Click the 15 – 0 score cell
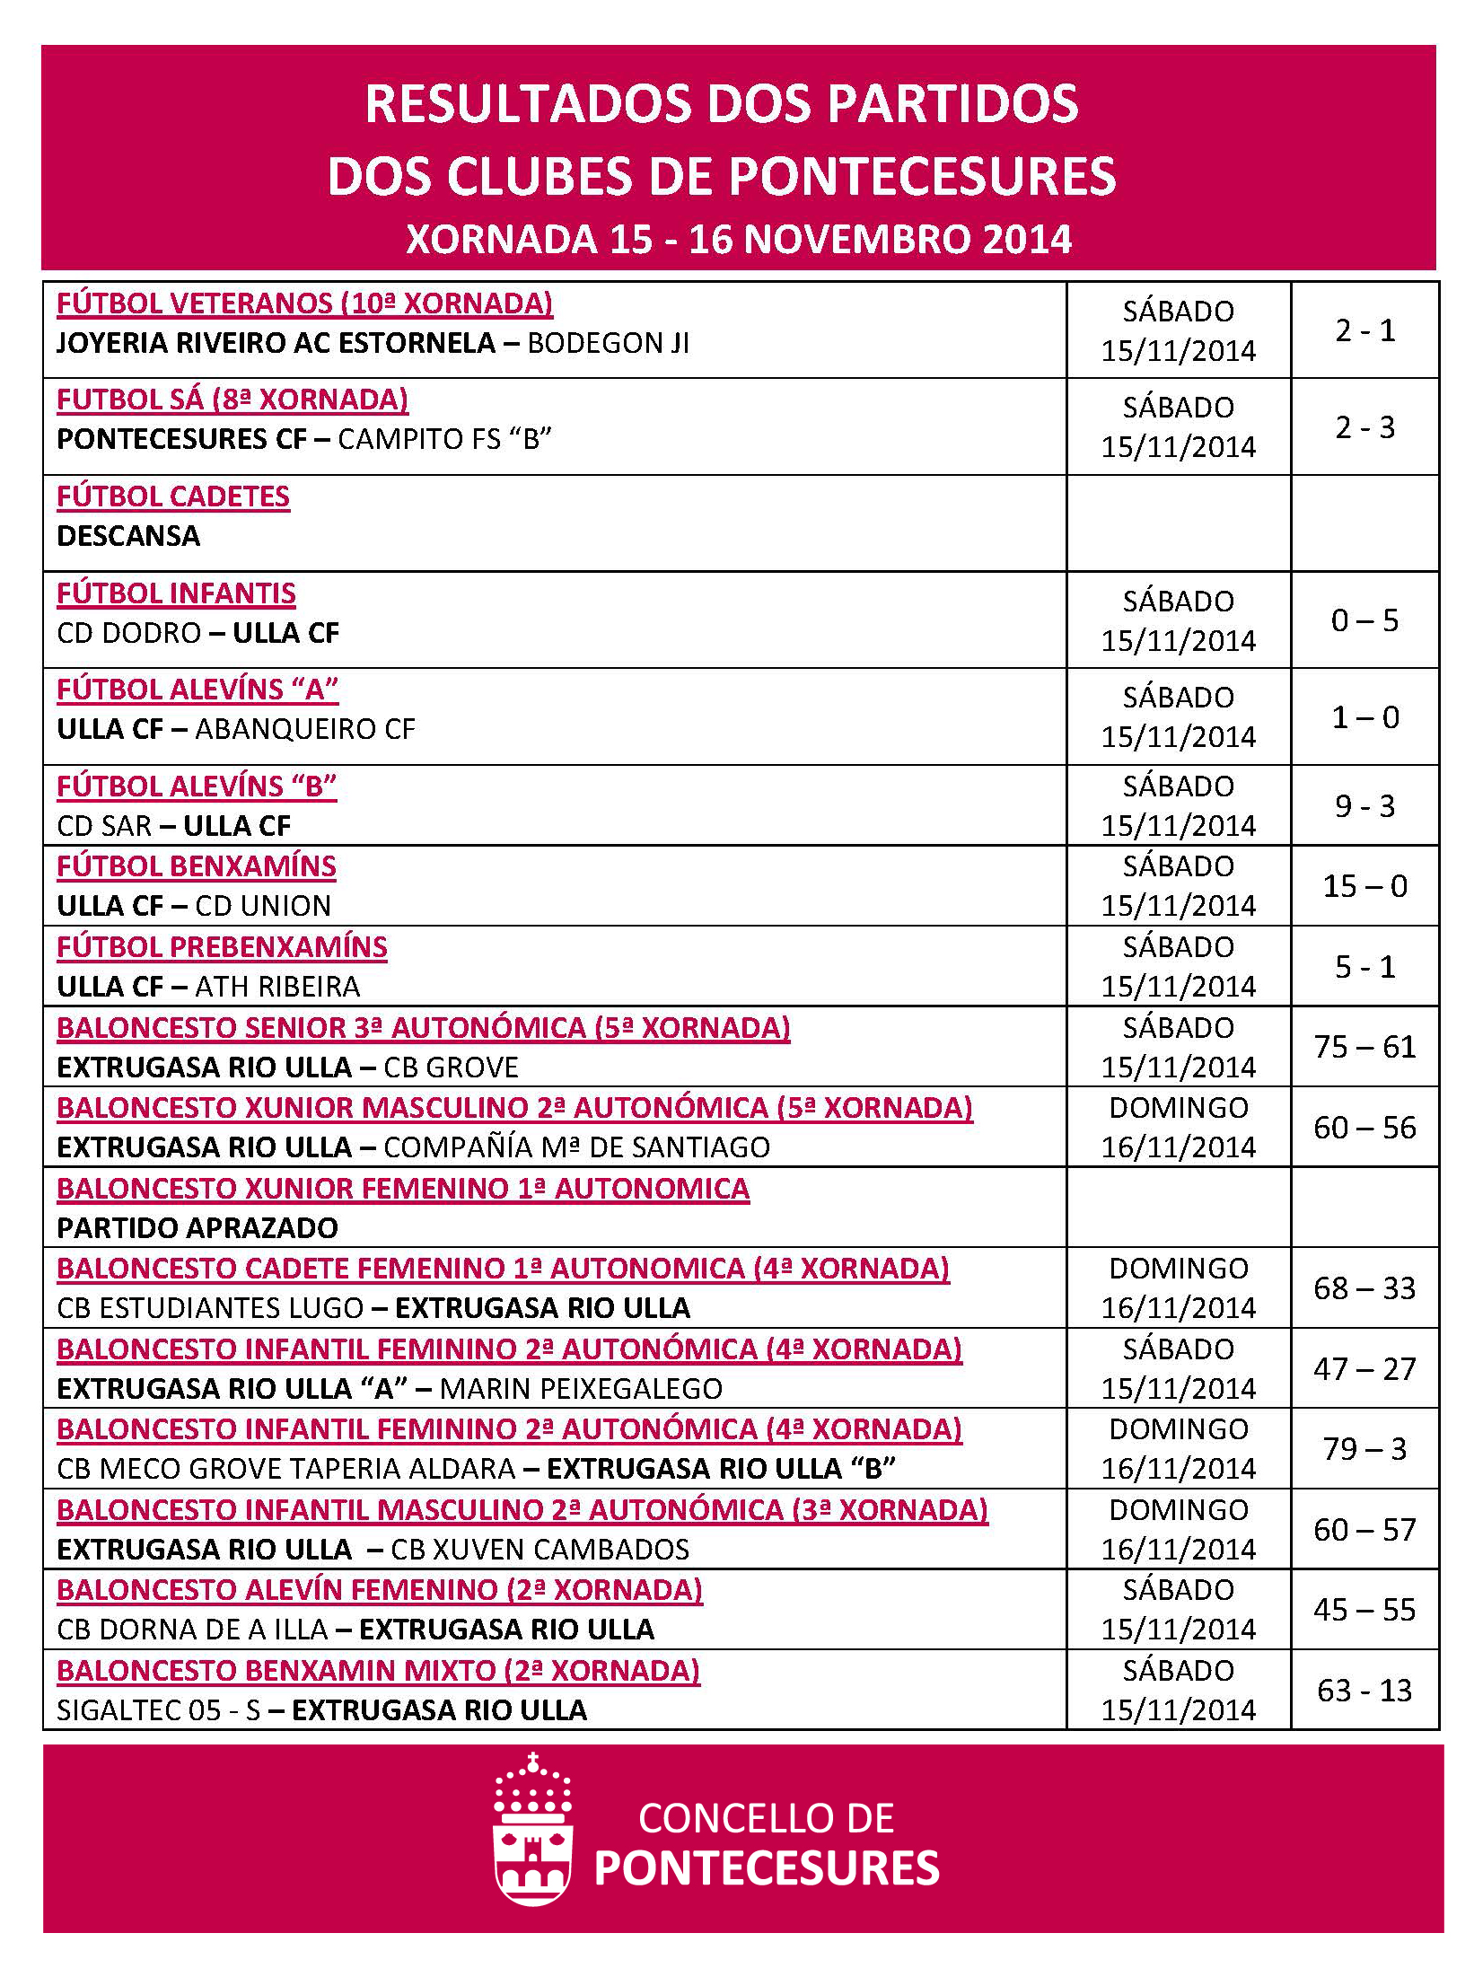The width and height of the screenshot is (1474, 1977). point(1364,886)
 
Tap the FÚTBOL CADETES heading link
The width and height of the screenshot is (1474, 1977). point(173,496)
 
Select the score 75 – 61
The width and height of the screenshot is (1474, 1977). point(1364,1047)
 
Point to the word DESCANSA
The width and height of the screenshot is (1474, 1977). point(128,536)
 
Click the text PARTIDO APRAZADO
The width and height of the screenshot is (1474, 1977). point(197,1227)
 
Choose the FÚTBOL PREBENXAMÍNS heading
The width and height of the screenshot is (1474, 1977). point(222,947)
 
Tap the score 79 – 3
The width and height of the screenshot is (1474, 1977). point(1364,1449)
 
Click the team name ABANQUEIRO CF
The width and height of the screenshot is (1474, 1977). point(305,729)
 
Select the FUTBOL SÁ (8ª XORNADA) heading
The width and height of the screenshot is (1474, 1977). point(233,400)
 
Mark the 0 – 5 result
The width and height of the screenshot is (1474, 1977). point(1364,620)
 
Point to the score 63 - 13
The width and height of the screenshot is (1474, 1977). point(1364,1691)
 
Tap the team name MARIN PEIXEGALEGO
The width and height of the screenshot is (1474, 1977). point(582,1389)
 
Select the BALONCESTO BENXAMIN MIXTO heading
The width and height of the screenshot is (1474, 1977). point(378,1671)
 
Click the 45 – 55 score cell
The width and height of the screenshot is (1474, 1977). point(1364,1610)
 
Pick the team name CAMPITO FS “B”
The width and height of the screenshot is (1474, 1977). point(444,439)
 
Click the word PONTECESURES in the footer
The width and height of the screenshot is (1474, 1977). point(767,1868)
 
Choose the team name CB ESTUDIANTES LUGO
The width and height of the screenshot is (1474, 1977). point(210,1308)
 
